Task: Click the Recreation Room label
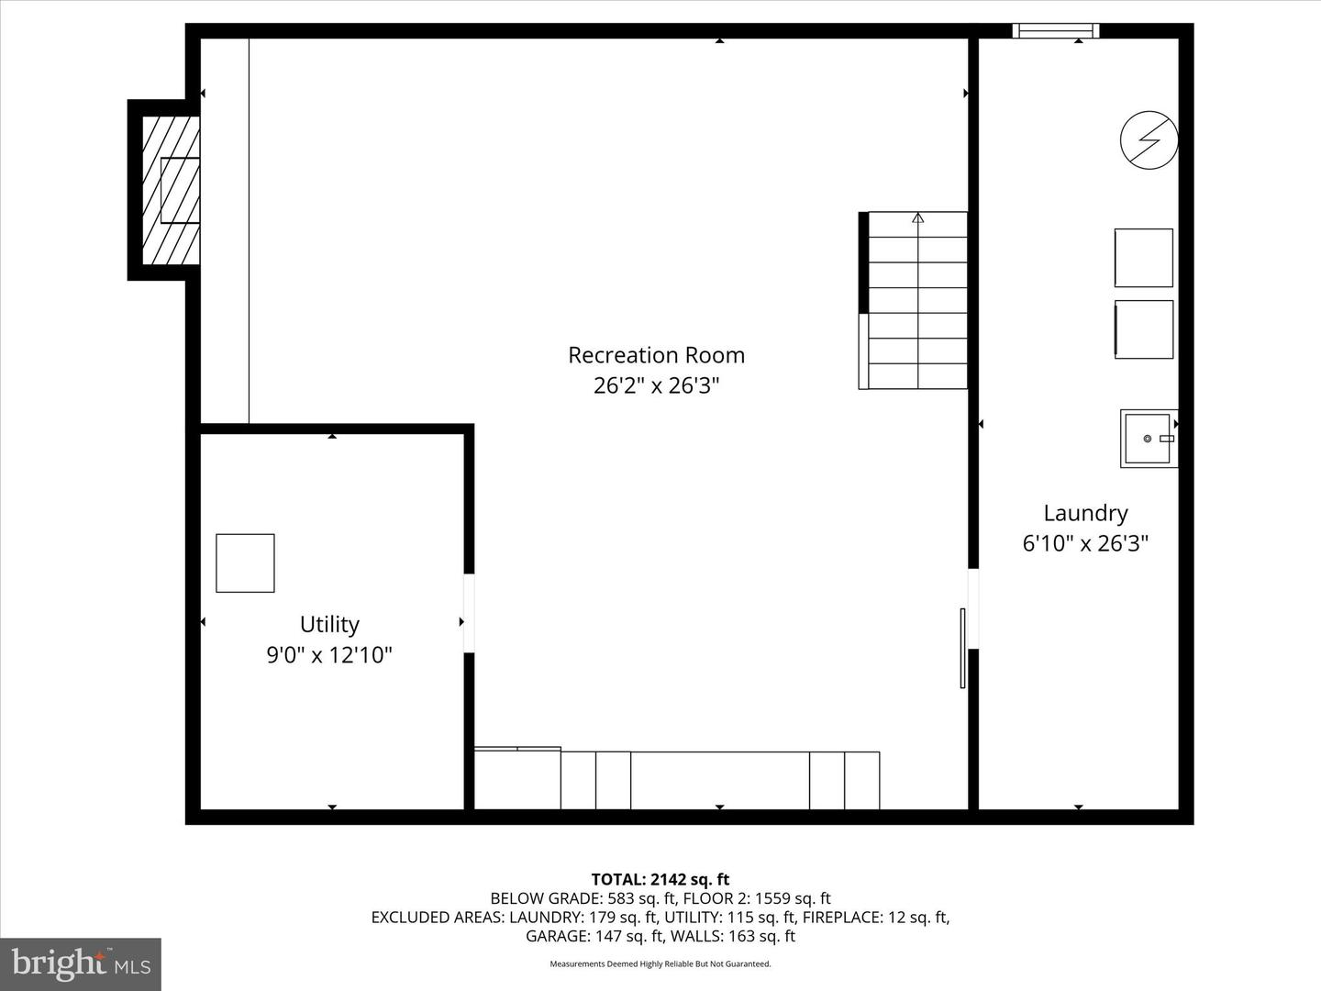pos(657,355)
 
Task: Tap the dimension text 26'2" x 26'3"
pos(657,385)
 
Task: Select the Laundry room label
pos(1085,513)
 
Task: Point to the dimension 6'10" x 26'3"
pos(1085,543)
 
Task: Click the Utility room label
pos(330,625)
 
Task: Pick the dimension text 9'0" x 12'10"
pos(330,654)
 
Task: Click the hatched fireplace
pos(171,190)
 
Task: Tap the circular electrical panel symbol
pos(1149,140)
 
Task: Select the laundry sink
pos(1149,439)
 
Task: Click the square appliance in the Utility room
pos(246,563)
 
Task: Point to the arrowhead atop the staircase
pos(917,217)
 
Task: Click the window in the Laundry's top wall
pos(1056,30)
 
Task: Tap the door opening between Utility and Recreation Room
pos(469,613)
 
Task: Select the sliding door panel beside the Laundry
pos(962,648)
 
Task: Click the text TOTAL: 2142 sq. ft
pos(660,880)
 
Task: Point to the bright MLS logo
pos(81,963)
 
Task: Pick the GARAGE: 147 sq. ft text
pos(595,936)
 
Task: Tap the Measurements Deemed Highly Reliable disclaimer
pos(660,963)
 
